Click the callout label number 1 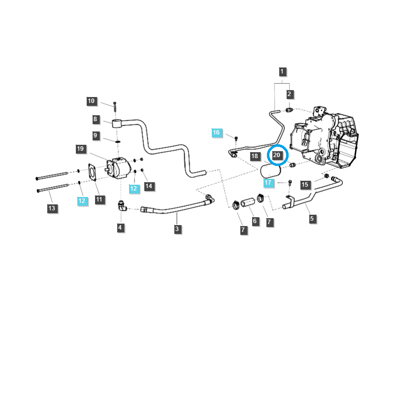point(282,71)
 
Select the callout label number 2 point(289,94)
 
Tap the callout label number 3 point(177,229)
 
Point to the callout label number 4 point(120,228)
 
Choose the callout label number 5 point(312,219)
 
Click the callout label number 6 point(255,221)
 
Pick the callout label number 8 point(96,119)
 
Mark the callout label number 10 point(91,101)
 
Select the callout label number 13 point(52,208)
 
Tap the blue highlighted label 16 point(216,132)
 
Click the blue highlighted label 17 point(268,183)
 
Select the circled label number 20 point(277,155)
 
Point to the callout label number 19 point(81,149)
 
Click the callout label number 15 point(305,185)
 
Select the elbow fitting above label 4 point(121,207)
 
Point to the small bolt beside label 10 point(114,105)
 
